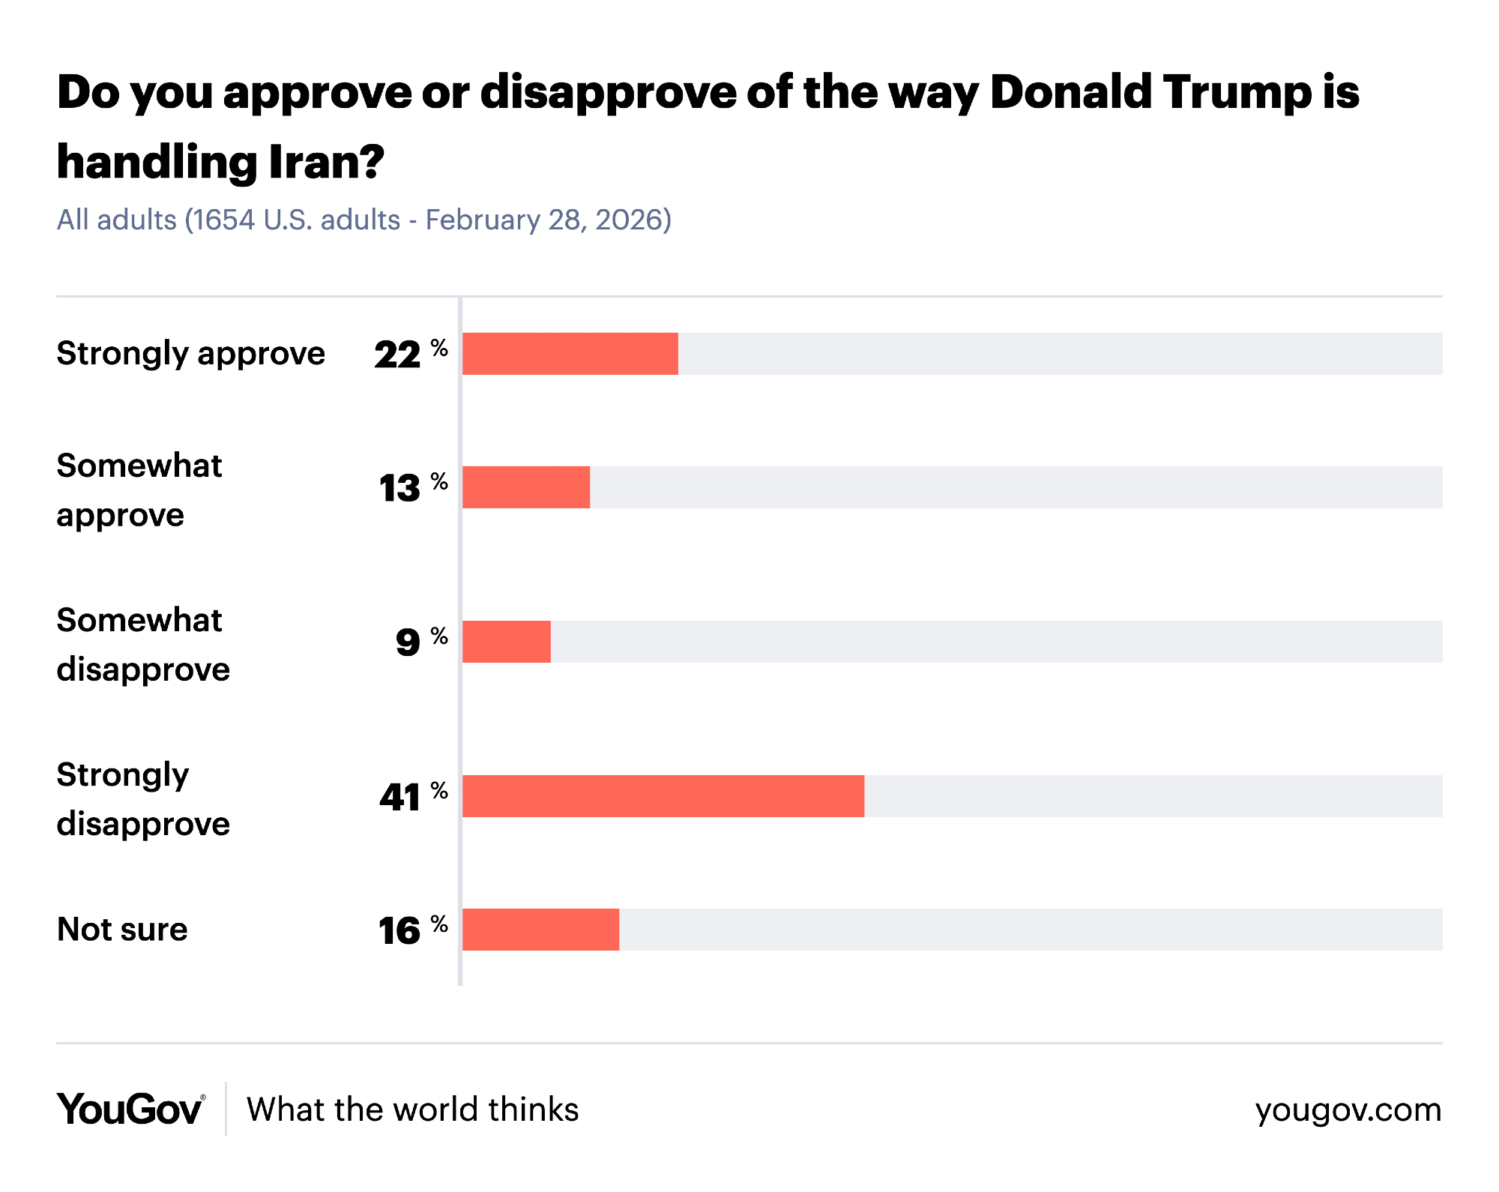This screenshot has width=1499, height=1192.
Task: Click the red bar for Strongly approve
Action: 570,354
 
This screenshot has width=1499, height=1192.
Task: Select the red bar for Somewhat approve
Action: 526,487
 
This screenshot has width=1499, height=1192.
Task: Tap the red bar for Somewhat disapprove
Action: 507,642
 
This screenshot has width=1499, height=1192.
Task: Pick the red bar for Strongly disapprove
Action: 663,796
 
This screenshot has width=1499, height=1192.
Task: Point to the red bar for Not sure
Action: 541,930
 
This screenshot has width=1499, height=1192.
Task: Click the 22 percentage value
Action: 398,355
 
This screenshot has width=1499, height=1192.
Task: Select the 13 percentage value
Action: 400,489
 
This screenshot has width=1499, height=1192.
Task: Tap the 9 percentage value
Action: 408,642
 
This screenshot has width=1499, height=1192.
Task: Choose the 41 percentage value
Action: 400,797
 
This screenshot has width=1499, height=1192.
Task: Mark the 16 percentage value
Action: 399,931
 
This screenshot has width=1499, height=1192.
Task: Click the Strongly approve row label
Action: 191,354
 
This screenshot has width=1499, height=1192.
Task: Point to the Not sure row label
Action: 122,930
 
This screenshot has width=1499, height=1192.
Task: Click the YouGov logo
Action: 130,1110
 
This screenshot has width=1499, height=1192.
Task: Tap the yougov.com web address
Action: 1348,1110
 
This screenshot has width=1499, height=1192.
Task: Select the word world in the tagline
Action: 435,1110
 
